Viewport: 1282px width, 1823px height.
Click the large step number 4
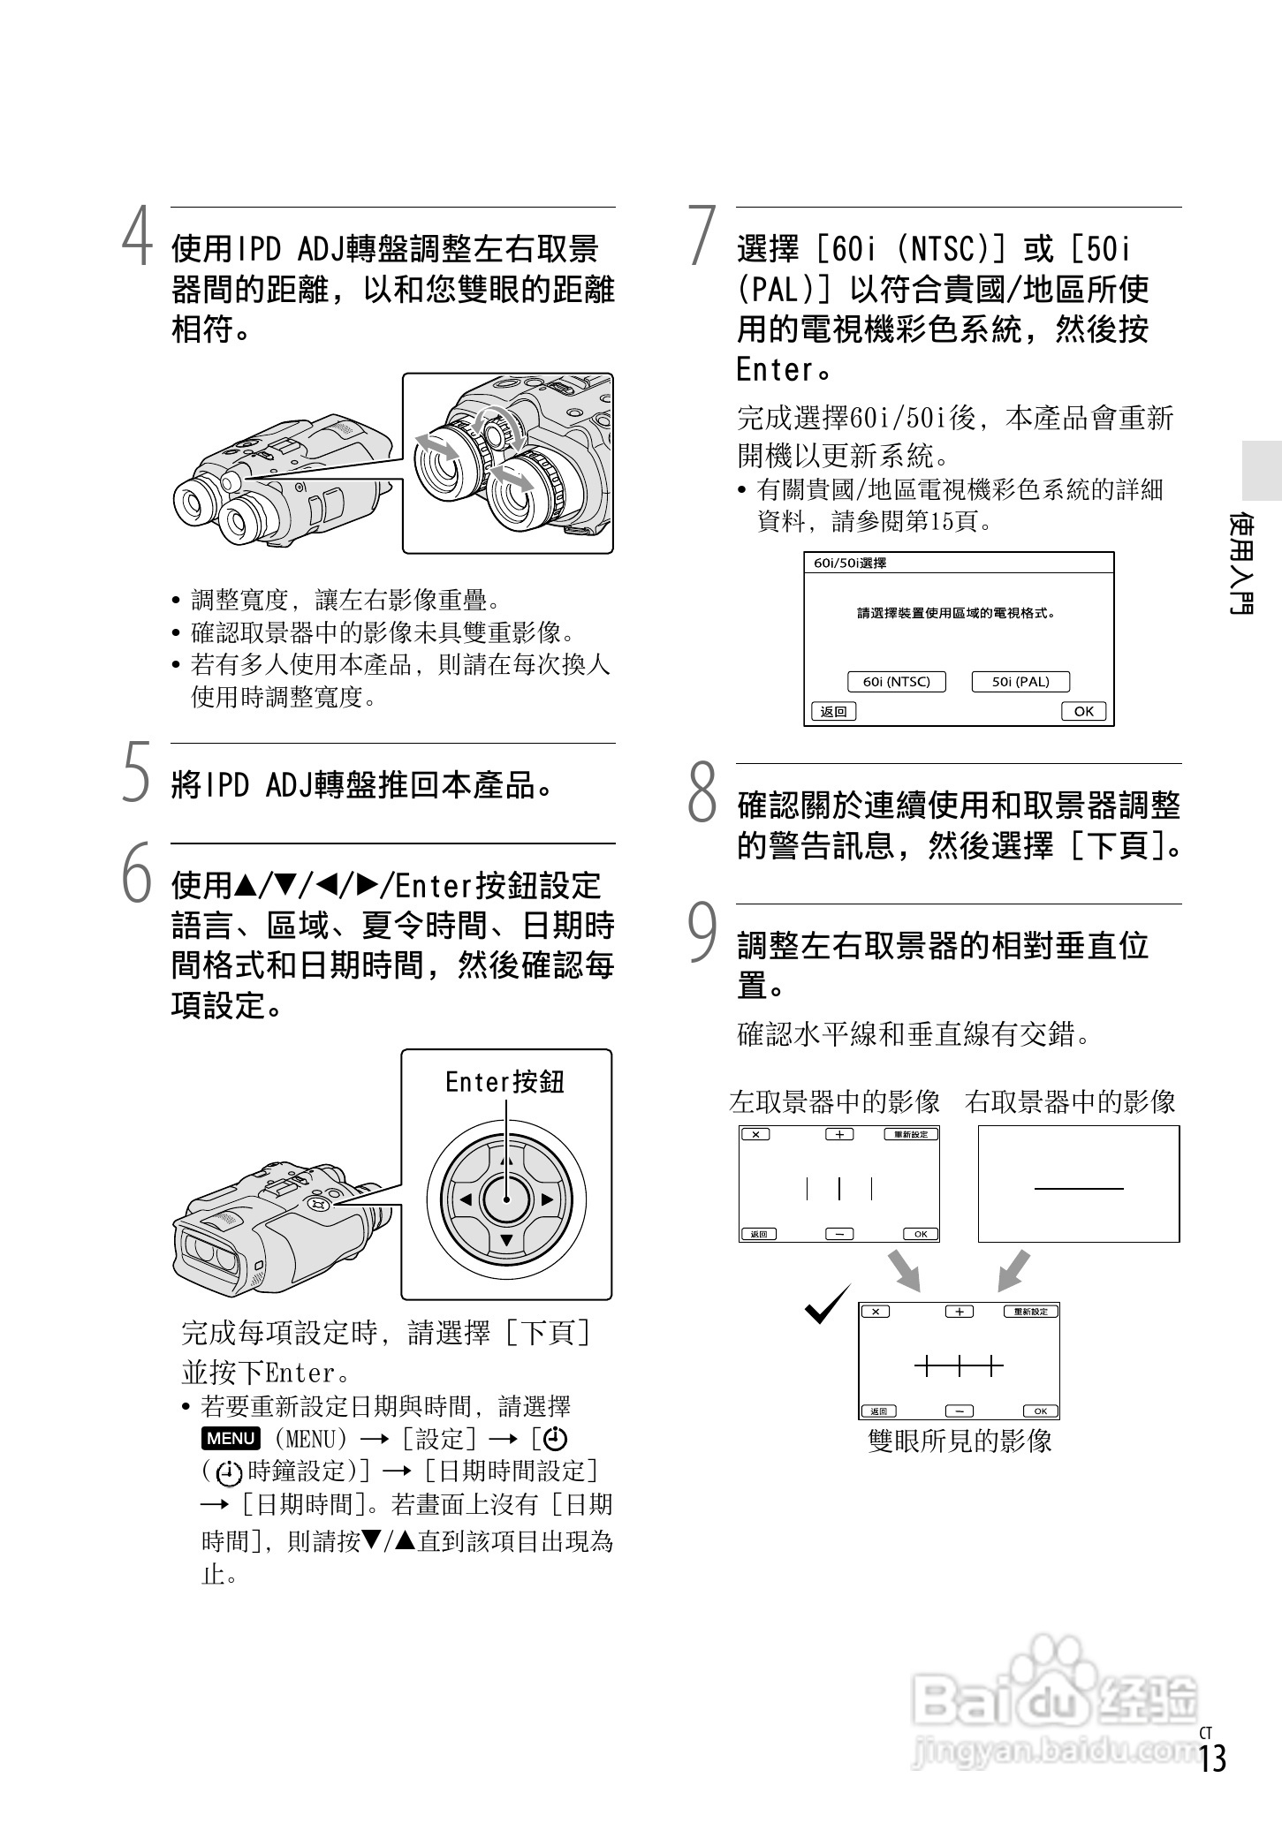pos(137,237)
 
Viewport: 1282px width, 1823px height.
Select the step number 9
pos(702,933)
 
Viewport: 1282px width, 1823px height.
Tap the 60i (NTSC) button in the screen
pos(896,682)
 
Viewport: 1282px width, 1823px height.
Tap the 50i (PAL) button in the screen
pos(1020,682)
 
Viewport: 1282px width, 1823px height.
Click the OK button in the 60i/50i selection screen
pos(1083,711)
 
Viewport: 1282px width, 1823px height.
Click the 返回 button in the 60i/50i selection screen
pos(833,711)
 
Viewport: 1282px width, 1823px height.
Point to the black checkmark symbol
pos(827,1305)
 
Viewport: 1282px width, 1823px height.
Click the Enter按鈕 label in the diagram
pos(504,1082)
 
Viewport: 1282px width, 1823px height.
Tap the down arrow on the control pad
pos(506,1240)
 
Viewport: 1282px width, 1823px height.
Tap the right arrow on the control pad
pos(548,1199)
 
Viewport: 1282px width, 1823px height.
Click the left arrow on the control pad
pos(465,1199)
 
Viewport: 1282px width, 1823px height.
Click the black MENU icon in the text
pos(231,1438)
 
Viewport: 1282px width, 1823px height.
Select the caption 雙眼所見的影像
pos(960,1441)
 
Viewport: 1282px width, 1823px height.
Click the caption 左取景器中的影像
pos(834,1101)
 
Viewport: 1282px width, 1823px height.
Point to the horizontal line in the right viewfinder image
pos(1079,1188)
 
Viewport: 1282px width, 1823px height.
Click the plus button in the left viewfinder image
pos(839,1134)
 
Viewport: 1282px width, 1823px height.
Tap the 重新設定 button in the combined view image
pos(1030,1312)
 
